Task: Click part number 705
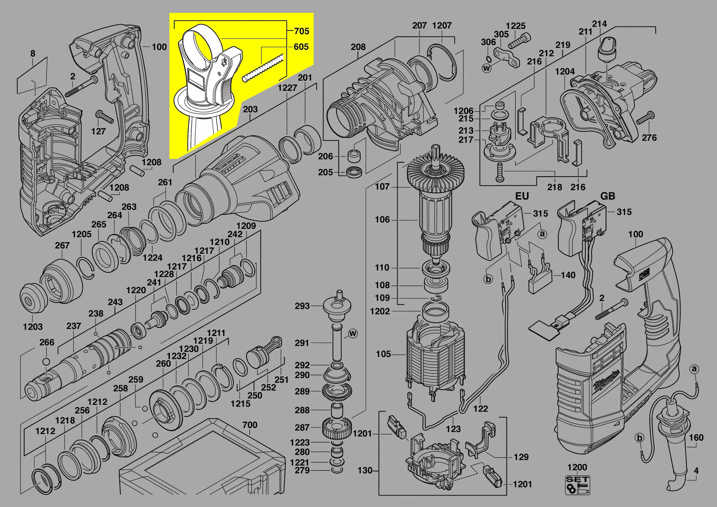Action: tap(301, 31)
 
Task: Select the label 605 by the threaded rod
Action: tap(301, 47)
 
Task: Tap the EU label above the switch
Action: tap(522, 196)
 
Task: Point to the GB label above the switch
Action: tap(608, 196)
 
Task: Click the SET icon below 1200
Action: tap(577, 485)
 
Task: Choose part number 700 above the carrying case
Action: tap(250, 425)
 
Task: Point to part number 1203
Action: tap(32, 327)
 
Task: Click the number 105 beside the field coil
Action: tap(383, 354)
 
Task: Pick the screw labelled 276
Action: tap(645, 118)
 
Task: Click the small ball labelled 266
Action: tap(46, 362)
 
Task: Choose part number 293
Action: tap(302, 306)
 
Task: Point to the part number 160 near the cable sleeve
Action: tap(696, 438)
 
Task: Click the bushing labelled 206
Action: tap(355, 156)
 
